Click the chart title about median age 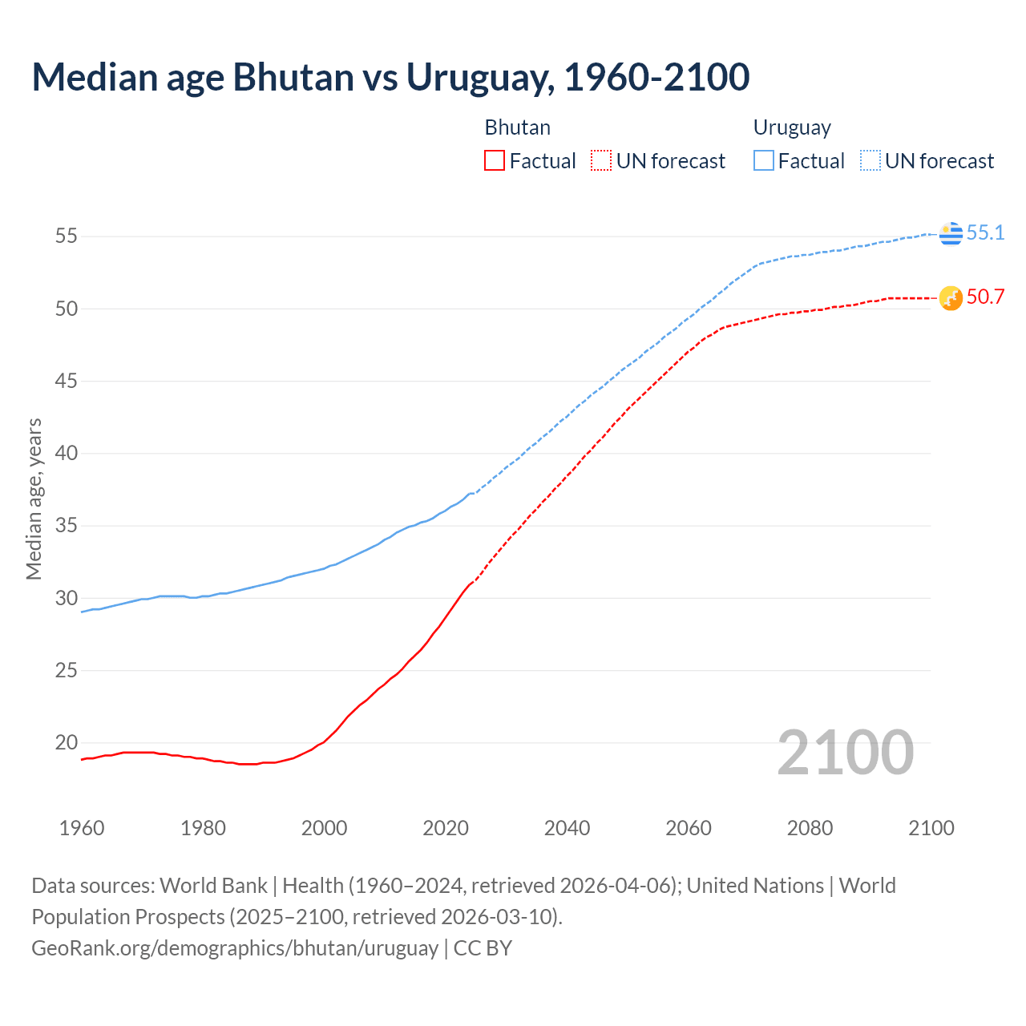[x=390, y=78]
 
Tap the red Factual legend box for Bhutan [x=495, y=161]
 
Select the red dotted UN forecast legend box [x=601, y=161]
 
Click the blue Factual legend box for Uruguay [x=764, y=161]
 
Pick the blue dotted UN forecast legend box [x=870, y=161]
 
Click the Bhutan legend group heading [x=517, y=127]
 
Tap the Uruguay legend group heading [x=792, y=127]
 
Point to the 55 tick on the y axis [x=66, y=236]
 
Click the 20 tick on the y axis [x=66, y=743]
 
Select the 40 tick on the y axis [x=66, y=454]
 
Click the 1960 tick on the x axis [x=82, y=828]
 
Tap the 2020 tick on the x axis [x=446, y=828]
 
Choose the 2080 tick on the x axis [x=810, y=828]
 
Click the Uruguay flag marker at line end [x=951, y=233]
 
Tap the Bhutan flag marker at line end [x=951, y=298]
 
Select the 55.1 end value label [x=985, y=233]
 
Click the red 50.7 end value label [x=985, y=297]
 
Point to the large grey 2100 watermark [x=845, y=753]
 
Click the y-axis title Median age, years [x=34, y=499]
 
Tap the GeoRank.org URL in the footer [x=235, y=948]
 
